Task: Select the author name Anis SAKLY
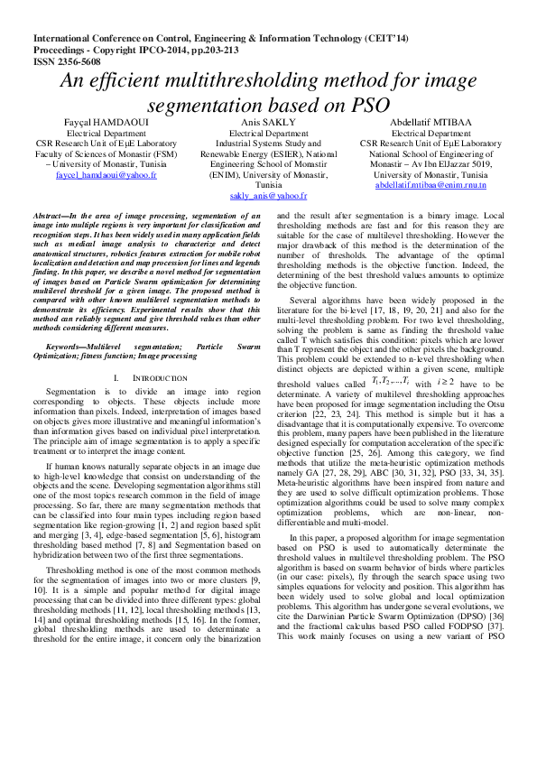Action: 269,121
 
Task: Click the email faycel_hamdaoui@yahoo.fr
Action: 106,175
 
